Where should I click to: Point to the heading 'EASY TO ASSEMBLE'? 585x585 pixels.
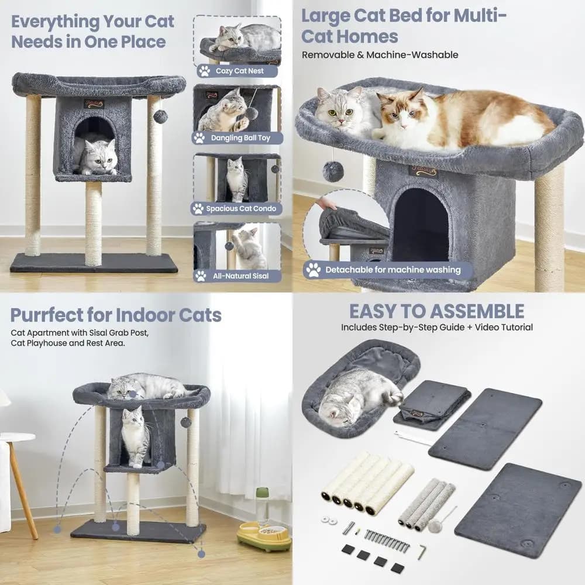(x=436, y=311)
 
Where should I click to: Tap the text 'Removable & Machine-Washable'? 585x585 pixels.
(x=380, y=55)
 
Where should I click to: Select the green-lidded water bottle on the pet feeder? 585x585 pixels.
(x=263, y=505)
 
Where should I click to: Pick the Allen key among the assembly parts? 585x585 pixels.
(x=421, y=552)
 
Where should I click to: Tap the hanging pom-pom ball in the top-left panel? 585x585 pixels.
(x=160, y=117)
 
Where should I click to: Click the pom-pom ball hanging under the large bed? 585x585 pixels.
(x=333, y=171)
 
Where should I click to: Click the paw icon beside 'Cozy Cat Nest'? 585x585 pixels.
(x=204, y=71)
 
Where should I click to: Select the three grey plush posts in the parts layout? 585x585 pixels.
(x=426, y=504)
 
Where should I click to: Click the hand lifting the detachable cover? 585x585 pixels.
(x=328, y=204)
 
